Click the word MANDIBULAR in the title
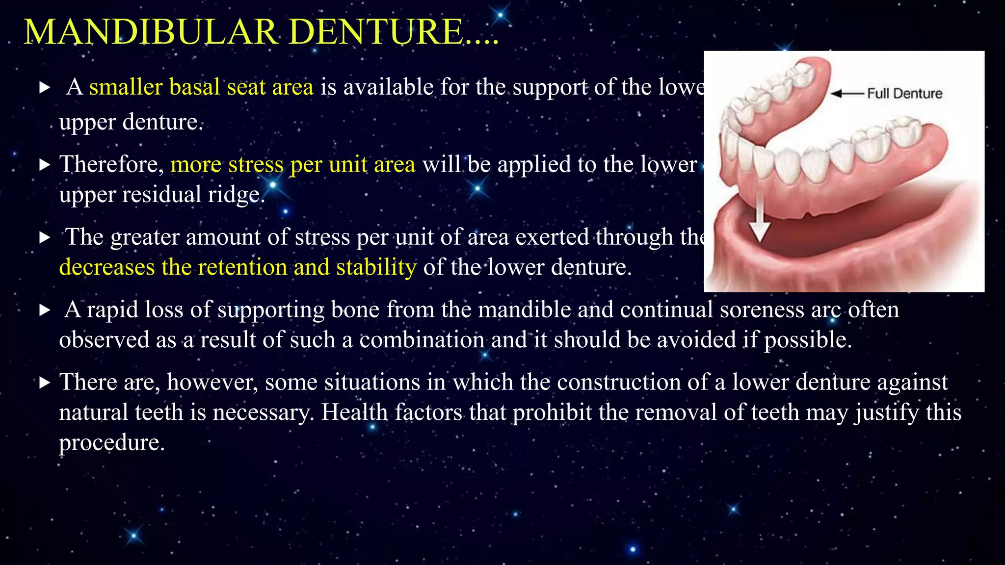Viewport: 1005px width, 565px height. (x=151, y=32)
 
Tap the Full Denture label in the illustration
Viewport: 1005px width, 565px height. (x=904, y=94)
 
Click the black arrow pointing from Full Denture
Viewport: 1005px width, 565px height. (x=847, y=93)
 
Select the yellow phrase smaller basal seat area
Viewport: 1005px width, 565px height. (x=201, y=87)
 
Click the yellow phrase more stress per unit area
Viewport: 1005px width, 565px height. (x=292, y=164)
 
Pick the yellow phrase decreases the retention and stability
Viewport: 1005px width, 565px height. (x=238, y=267)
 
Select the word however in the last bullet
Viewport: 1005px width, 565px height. (x=212, y=382)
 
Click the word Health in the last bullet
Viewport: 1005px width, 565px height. (x=354, y=412)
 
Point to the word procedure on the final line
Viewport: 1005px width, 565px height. (x=111, y=443)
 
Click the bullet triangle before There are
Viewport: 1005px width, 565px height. (x=45, y=383)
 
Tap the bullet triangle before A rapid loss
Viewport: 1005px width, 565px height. (x=45, y=310)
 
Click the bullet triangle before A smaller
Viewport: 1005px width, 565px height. (x=45, y=88)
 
